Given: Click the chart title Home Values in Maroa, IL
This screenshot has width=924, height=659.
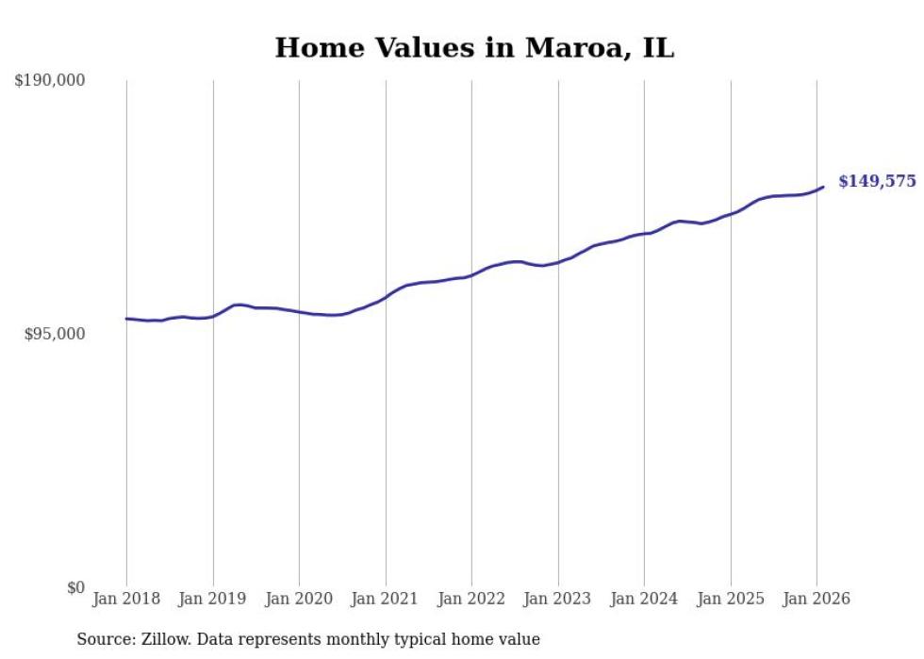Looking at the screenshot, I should [x=474, y=48].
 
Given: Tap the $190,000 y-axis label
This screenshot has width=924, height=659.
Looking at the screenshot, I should [x=50, y=81].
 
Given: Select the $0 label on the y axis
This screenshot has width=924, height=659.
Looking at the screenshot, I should [x=75, y=587].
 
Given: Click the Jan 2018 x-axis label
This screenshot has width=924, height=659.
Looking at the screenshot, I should [x=126, y=600].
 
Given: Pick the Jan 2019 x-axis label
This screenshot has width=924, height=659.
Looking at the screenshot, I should [x=213, y=600].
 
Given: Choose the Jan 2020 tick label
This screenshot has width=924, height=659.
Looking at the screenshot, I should [x=299, y=600].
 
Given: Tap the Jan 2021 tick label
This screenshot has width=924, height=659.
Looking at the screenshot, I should [x=386, y=600].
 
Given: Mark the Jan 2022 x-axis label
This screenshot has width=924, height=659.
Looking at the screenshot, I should [x=471, y=600].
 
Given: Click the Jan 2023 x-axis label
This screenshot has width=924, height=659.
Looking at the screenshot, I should [x=558, y=600].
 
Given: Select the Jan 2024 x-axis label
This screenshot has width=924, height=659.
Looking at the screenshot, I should [x=644, y=600].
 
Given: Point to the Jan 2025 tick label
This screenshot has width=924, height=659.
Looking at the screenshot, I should [x=731, y=600].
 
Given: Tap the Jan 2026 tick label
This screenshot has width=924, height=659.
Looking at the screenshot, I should [x=817, y=600].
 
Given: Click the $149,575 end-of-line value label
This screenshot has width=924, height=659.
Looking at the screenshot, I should [x=877, y=181].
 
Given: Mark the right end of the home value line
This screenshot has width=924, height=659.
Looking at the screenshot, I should [x=823, y=187].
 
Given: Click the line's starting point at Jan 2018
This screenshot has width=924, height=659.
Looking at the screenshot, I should [x=127, y=319].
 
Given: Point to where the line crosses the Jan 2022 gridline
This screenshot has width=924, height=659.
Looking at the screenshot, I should [x=471, y=275].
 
